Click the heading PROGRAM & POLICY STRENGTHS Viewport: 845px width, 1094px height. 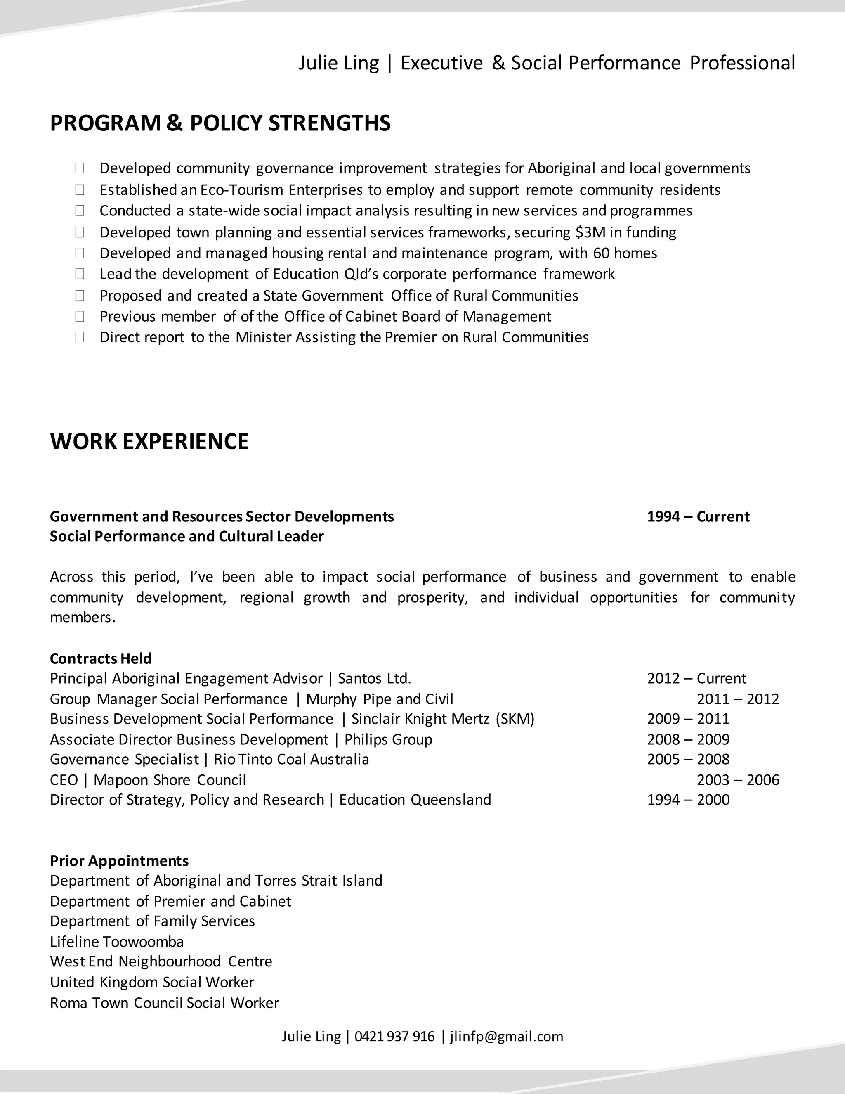pyautogui.click(x=220, y=123)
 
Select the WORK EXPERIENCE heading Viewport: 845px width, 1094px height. pyautogui.click(x=149, y=441)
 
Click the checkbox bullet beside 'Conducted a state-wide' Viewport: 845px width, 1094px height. pyautogui.click(x=80, y=211)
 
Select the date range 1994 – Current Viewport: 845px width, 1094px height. pyautogui.click(x=698, y=516)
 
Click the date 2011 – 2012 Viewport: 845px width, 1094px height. pyautogui.click(x=738, y=699)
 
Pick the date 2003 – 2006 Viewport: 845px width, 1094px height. pyautogui.click(x=738, y=780)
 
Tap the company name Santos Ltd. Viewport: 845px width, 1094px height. pyautogui.click(x=375, y=679)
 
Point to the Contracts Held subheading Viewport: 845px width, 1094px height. pyautogui.click(x=101, y=658)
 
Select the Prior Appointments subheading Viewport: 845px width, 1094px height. pyautogui.click(x=119, y=861)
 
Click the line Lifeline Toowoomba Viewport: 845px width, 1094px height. pyautogui.click(x=117, y=942)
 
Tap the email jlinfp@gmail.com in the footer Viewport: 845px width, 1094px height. pyautogui.click(x=507, y=1036)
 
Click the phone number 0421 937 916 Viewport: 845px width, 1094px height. pyautogui.click(x=394, y=1036)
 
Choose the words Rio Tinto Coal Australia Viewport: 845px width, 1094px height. pyautogui.click(x=291, y=759)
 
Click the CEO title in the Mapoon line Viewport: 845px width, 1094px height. pyautogui.click(x=64, y=780)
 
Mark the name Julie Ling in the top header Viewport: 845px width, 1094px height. pyautogui.click(x=338, y=63)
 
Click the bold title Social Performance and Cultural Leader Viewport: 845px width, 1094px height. pyautogui.click(x=187, y=537)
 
